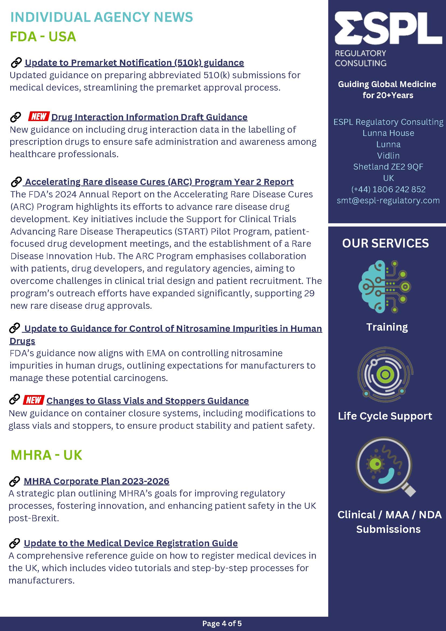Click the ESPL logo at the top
(388, 28)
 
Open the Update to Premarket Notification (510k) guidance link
(134, 63)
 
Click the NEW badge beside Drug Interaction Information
(39, 116)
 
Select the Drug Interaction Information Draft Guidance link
(149, 117)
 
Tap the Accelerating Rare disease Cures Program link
(159, 182)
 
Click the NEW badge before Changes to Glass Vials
(33, 400)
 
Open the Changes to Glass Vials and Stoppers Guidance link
(147, 401)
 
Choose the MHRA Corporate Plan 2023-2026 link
(96, 481)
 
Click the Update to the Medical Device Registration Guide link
(131, 543)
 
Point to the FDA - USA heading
(43, 37)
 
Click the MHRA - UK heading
(46, 455)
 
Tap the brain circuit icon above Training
(385, 287)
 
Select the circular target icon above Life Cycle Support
(385, 374)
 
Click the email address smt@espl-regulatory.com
(388, 200)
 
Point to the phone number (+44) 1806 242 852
(388, 189)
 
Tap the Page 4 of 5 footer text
(222, 623)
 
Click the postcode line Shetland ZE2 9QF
(388, 167)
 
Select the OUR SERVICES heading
(385, 243)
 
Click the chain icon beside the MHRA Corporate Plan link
(15, 481)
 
